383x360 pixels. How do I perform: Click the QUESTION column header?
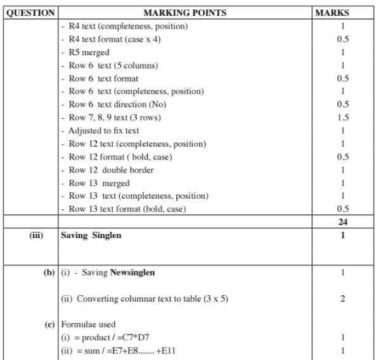click(30, 13)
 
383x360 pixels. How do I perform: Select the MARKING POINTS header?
click(185, 13)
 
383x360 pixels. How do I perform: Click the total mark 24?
click(343, 222)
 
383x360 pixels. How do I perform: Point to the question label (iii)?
click(37, 235)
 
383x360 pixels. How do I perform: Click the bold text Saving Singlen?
click(91, 235)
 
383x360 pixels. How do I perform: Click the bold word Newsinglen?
click(133, 273)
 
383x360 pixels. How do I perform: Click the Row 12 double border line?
click(111, 170)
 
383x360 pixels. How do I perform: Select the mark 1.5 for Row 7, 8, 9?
click(343, 117)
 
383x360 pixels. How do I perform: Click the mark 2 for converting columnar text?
click(343, 299)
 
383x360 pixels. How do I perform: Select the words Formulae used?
click(88, 324)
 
